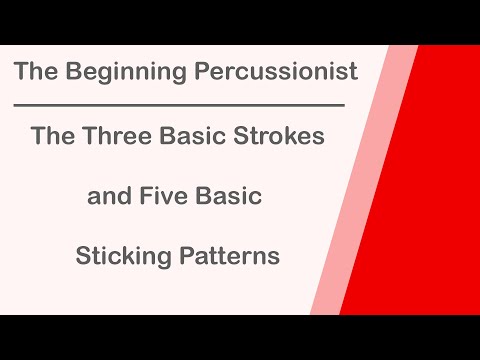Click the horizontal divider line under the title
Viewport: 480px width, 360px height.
click(x=180, y=104)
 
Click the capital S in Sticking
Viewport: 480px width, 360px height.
click(x=83, y=256)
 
